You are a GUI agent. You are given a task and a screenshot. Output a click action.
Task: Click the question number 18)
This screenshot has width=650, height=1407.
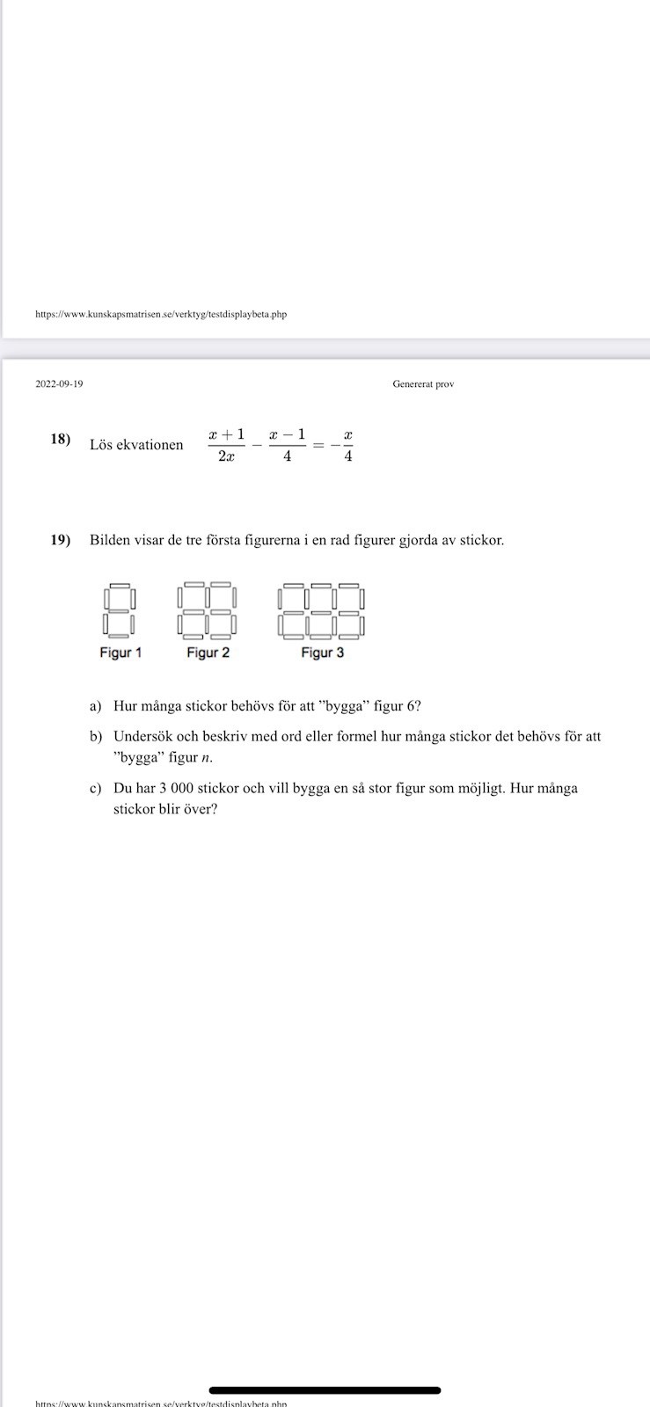pos(61,440)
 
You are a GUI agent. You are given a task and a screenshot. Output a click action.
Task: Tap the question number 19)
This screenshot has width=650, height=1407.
pos(61,540)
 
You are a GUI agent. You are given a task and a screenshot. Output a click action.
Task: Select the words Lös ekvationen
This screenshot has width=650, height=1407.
pos(136,445)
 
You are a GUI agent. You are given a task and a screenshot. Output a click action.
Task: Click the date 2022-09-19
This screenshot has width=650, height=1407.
pos(59,384)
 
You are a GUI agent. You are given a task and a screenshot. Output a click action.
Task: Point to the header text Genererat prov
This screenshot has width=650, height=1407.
pos(423,384)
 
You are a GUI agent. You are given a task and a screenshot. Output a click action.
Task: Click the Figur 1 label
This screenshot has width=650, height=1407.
pos(121,652)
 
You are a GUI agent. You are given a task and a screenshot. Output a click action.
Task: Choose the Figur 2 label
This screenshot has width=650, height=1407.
pos(208,652)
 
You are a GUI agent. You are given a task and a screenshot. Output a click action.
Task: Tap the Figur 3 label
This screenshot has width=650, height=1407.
pos(322,652)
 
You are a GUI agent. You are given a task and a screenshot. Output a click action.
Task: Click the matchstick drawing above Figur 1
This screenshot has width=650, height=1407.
pos(119,610)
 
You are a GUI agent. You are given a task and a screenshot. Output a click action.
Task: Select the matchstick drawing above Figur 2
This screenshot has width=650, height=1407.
pos(208,610)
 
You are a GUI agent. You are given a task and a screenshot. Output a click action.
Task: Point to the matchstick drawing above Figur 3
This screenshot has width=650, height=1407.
pos(321,610)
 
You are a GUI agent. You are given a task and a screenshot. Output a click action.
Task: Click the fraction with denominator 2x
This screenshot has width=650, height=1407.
pos(226,445)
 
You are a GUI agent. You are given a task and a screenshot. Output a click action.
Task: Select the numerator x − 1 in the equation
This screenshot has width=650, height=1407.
pos(288,434)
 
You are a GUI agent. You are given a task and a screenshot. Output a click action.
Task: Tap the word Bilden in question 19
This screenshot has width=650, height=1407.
pos(109,540)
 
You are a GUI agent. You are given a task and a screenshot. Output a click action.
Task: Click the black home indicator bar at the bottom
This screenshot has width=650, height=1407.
pos(325,1390)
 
